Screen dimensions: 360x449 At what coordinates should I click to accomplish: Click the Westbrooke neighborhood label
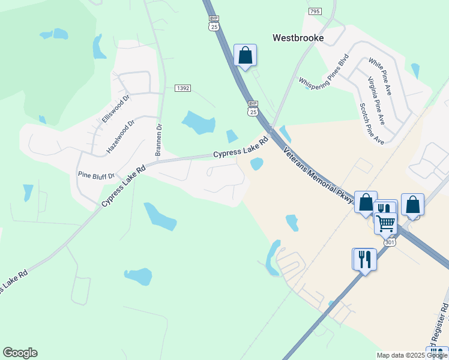pyautogui.click(x=298, y=38)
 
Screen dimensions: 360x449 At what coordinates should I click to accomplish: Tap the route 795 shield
pyautogui.click(x=315, y=11)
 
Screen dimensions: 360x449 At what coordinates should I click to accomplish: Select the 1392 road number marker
pyautogui.click(x=183, y=88)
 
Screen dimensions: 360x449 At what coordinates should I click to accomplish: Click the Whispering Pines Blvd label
pyautogui.click(x=324, y=72)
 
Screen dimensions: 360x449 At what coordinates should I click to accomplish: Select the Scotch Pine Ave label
pyautogui.click(x=371, y=124)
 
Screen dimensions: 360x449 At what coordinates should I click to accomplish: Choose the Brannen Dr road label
pyautogui.click(x=159, y=140)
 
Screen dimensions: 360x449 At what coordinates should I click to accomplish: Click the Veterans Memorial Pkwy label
pyautogui.click(x=318, y=175)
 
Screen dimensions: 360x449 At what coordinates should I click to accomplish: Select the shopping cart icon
pyautogui.click(x=385, y=223)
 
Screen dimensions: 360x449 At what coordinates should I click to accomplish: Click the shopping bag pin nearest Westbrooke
pyautogui.click(x=245, y=56)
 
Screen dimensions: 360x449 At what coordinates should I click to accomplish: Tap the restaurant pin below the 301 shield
pyautogui.click(x=364, y=259)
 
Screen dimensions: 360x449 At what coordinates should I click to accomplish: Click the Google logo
pyautogui.click(x=20, y=353)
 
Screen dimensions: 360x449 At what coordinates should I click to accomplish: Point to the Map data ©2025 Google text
pyautogui.click(x=412, y=355)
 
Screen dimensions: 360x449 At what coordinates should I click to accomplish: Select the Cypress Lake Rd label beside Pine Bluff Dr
pyautogui.click(x=124, y=187)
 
